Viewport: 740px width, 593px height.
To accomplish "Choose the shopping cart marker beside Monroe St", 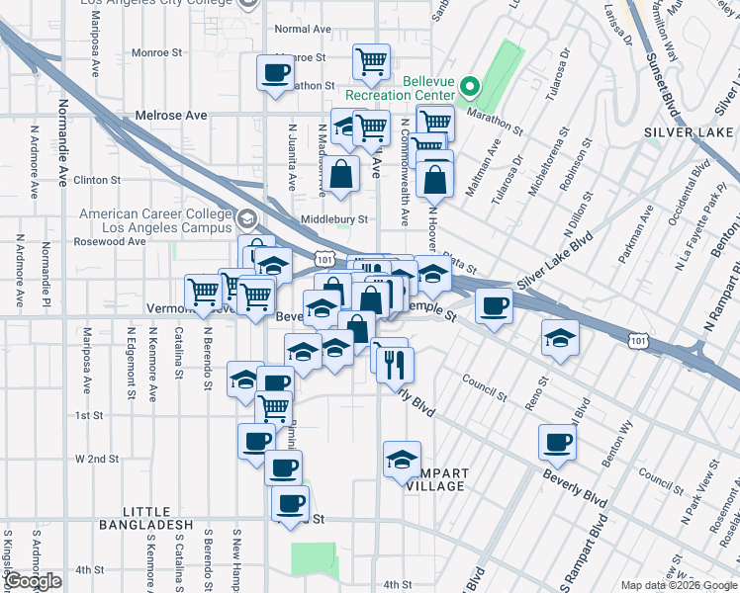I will (371, 61).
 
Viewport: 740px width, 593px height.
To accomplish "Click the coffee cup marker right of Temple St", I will (494, 305).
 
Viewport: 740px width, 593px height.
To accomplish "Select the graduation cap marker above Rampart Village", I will (401, 462).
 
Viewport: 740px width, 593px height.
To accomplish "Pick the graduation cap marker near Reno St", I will (560, 339).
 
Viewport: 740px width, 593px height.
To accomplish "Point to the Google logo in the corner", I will (33, 581).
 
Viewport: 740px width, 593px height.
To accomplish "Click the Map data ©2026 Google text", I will (678, 585).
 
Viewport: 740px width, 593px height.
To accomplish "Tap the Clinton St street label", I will (97, 181).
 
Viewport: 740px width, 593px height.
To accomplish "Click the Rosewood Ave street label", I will (109, 241).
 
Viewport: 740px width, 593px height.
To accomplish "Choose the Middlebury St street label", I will (334, 219).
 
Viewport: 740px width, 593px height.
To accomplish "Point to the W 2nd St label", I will (97, 460).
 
